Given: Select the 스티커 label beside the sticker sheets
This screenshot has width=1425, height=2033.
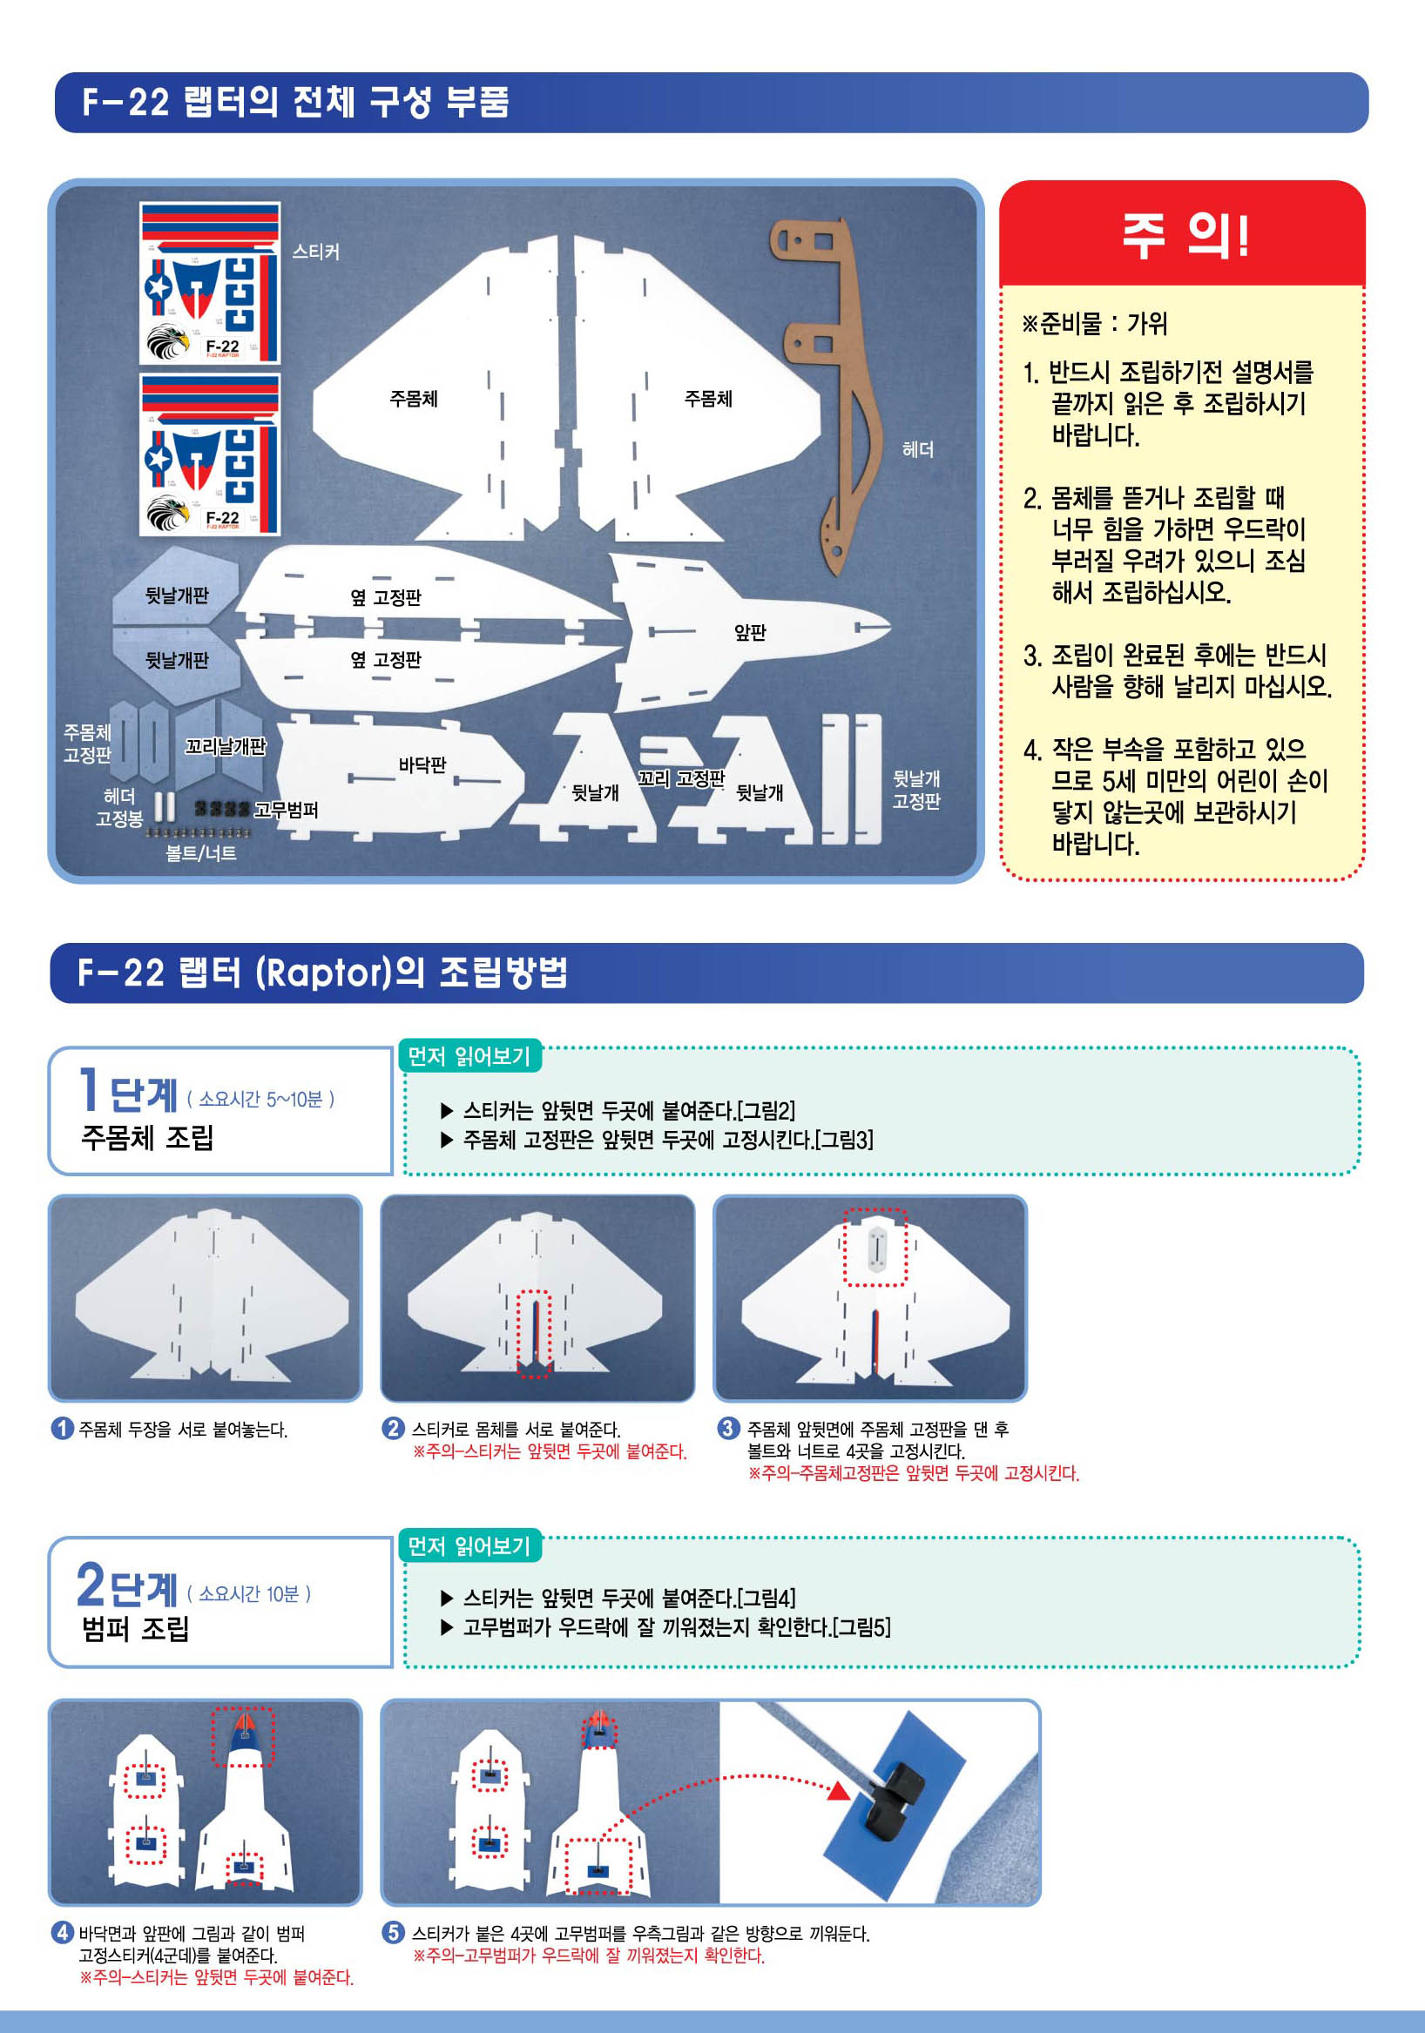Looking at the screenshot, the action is [316, 252].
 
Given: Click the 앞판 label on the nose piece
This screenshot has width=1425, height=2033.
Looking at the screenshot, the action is [750, 632].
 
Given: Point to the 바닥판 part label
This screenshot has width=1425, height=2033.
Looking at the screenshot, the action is [422, 764].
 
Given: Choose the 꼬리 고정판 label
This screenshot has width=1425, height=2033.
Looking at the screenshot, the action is [681, 778].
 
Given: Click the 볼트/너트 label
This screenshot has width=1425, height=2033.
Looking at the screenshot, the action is [201, 852].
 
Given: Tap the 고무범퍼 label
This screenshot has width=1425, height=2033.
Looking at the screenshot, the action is [286, 810].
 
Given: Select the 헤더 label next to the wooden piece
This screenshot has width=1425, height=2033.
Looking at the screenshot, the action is [917, 450].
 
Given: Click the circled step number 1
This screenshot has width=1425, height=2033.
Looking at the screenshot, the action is [62, 1428].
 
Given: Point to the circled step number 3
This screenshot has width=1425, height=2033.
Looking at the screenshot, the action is [727, 1427].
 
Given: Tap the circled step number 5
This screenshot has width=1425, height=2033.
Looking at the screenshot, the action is [392, 1932].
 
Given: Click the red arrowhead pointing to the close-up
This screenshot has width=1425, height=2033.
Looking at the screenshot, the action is [839, 1790].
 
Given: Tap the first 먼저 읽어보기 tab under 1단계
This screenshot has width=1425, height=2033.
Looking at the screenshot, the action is [469, 1056].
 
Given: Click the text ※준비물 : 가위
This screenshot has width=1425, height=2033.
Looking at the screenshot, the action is [1095, 323].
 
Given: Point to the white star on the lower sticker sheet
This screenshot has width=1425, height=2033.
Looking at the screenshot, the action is [159, 459].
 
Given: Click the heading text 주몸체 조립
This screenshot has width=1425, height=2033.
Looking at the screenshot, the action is [147, 1137].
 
